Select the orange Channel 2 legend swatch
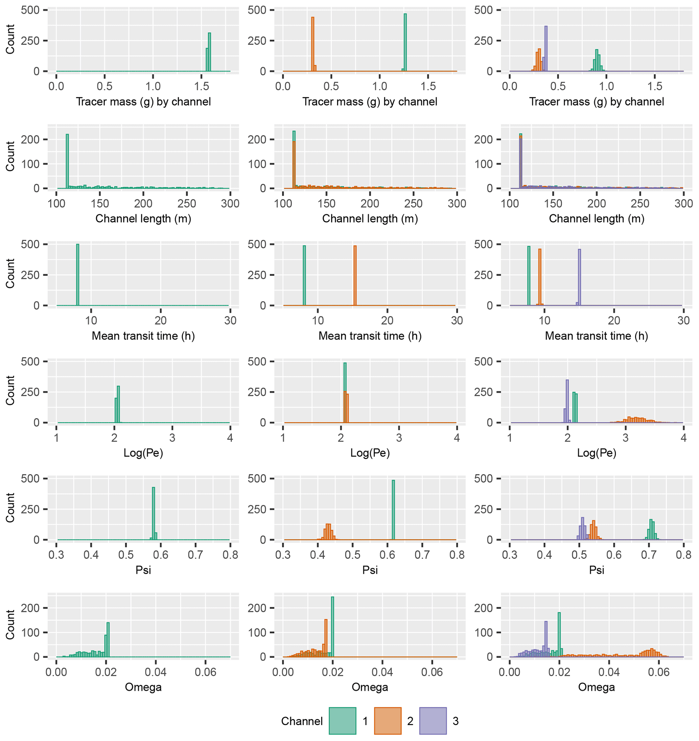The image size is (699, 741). pyautogui.click(x=388, y=720)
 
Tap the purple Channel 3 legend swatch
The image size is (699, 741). pyautogui.click(x=433, y=720)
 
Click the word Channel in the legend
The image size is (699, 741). pyautogui.click(x=301, y=721)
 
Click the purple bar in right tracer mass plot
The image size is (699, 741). pyautogui.click(x=545, y=48)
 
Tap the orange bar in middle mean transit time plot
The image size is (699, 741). pyautogui.click(x=355, y=276)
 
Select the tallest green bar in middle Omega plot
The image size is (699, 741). pyautogui.click(x=332, y=627)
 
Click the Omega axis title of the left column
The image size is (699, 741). pyautogui.click(x=143, y=686)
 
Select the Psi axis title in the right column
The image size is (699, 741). pyautogui.click(x=596, y=569)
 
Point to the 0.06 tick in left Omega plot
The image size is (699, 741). pyautogui.click(x=205, y=672)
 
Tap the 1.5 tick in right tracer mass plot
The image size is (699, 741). pyautogui.click(x=655, y=86)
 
